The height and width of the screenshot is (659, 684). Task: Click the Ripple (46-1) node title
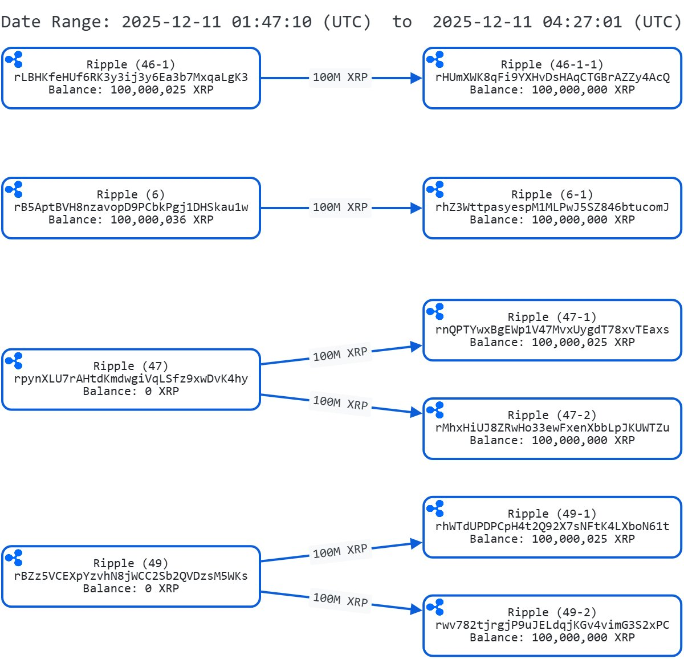(131, 64)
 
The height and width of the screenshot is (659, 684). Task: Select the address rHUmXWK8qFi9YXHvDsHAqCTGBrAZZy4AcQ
(552, 77)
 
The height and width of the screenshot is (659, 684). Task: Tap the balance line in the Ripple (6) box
(131, 219)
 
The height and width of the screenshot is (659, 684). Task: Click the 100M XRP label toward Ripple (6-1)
(340, 207)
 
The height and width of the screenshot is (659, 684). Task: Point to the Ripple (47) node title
(131, 366)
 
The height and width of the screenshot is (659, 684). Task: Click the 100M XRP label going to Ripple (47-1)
(340, 354)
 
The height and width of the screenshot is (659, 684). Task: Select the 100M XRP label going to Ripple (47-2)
(340, 402)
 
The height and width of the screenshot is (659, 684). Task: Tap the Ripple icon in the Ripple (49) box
(14, 558)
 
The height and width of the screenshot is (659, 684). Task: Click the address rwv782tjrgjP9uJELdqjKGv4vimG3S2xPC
(552, 625)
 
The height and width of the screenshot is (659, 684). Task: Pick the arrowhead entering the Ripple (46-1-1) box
(417, 78)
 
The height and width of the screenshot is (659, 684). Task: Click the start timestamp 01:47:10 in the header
(271, 22)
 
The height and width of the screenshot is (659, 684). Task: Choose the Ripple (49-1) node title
(552, 514)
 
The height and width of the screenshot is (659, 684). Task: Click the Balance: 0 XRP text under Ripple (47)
(131, 391)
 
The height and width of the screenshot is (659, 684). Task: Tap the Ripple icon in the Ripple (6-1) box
(435, 189)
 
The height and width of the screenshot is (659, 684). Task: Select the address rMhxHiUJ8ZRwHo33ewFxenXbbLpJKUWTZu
(552, 428)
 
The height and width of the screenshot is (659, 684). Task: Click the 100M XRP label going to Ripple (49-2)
(340, 600)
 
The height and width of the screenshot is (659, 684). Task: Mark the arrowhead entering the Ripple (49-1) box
(416, 544)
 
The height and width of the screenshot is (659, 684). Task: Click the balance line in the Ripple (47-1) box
(552, 342)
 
